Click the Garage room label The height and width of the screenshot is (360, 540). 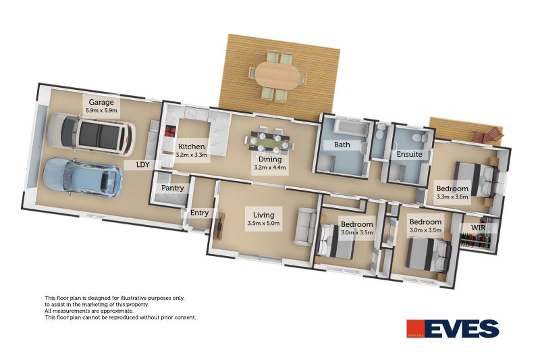coord(101,102)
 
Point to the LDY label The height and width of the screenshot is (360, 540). coord(142,164)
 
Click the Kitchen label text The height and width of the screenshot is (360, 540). coord(191,147)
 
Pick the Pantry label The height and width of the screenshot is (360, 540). coord(172,188)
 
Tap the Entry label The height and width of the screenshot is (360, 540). coord(199,213)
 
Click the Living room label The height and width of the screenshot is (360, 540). coord(262,214)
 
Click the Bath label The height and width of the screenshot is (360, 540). coord(342,145)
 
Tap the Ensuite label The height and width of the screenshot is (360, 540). coord(409,154)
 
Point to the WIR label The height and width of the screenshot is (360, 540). coord(478,228)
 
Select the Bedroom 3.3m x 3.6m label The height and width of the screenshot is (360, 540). coord(452,192)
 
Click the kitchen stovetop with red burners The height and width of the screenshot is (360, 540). coord(170,132)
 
